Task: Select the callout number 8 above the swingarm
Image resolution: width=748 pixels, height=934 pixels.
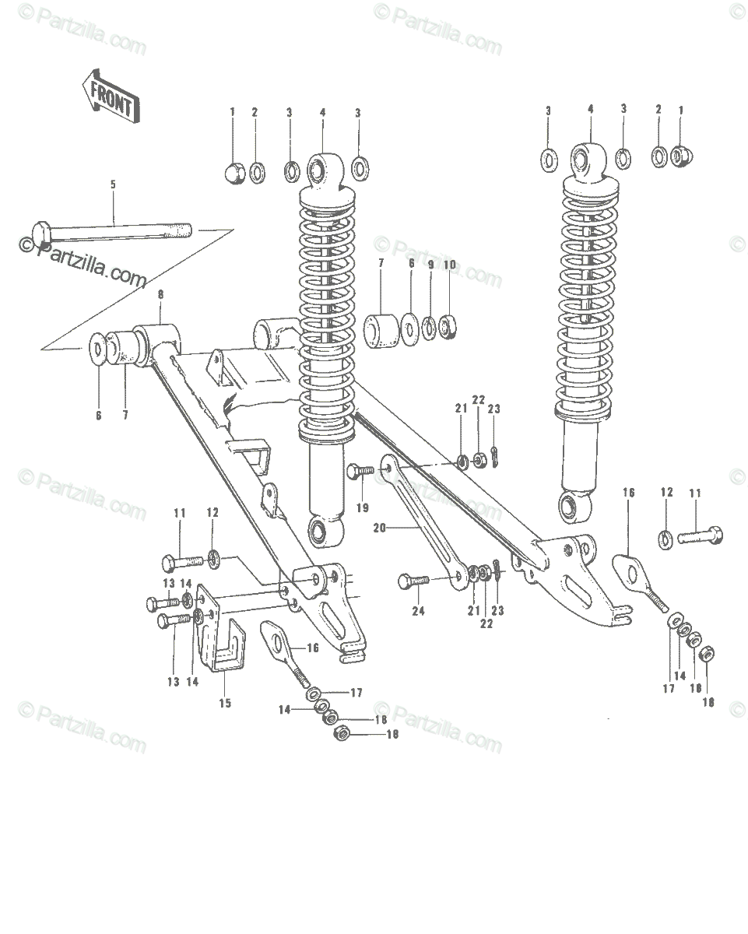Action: coord(160,295)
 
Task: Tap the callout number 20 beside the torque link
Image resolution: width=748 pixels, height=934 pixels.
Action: coord(379,528)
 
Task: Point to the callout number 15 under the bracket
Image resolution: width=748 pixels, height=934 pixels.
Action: coord(225,703)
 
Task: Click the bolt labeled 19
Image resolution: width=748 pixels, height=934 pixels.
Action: coord(360,470)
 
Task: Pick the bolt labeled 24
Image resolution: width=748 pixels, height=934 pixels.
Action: coord(413,581)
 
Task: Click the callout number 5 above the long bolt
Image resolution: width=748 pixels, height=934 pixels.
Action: coord(113,184)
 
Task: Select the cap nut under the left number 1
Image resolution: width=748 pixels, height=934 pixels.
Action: coord(234,174)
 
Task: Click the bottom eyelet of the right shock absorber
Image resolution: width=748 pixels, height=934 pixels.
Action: coord(574,507)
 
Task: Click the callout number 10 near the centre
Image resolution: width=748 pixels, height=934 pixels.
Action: coord(449,265)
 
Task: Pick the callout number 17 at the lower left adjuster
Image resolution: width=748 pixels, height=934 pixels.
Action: coord(356,693)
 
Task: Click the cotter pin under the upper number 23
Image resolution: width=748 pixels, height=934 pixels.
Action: coord(495,457)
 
